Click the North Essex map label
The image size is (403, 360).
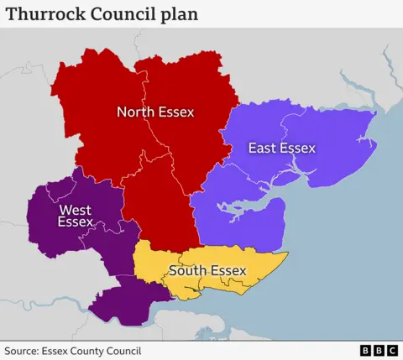pyautogui.click(x=155, y=112)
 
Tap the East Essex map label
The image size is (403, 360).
pyautogui.click(x=281, y=149)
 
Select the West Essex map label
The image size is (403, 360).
pyautogui.click(x=76, y=216)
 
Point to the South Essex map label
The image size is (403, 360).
pyautogui.click(x=207, y=270)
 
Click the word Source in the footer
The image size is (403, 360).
pyautogui.click(x=23, y=351)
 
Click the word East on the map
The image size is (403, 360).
pyautogui.click(x=262, y=149)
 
